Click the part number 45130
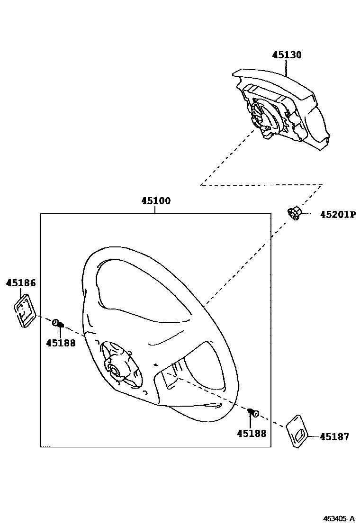[x=287, y=55]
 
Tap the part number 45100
[x=155, y=201]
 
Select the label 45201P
[x=337, y=215]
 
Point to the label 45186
[x=21, y=283]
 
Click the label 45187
[x=334, y=436]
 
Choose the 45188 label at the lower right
[x=252, y=433]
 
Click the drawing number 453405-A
[x=339, y=518]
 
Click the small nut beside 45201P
[x=294, y=214]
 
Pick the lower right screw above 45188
[x=253, y=413]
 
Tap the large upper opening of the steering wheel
[x=142, y=289]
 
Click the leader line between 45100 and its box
[x=155, y=209]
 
